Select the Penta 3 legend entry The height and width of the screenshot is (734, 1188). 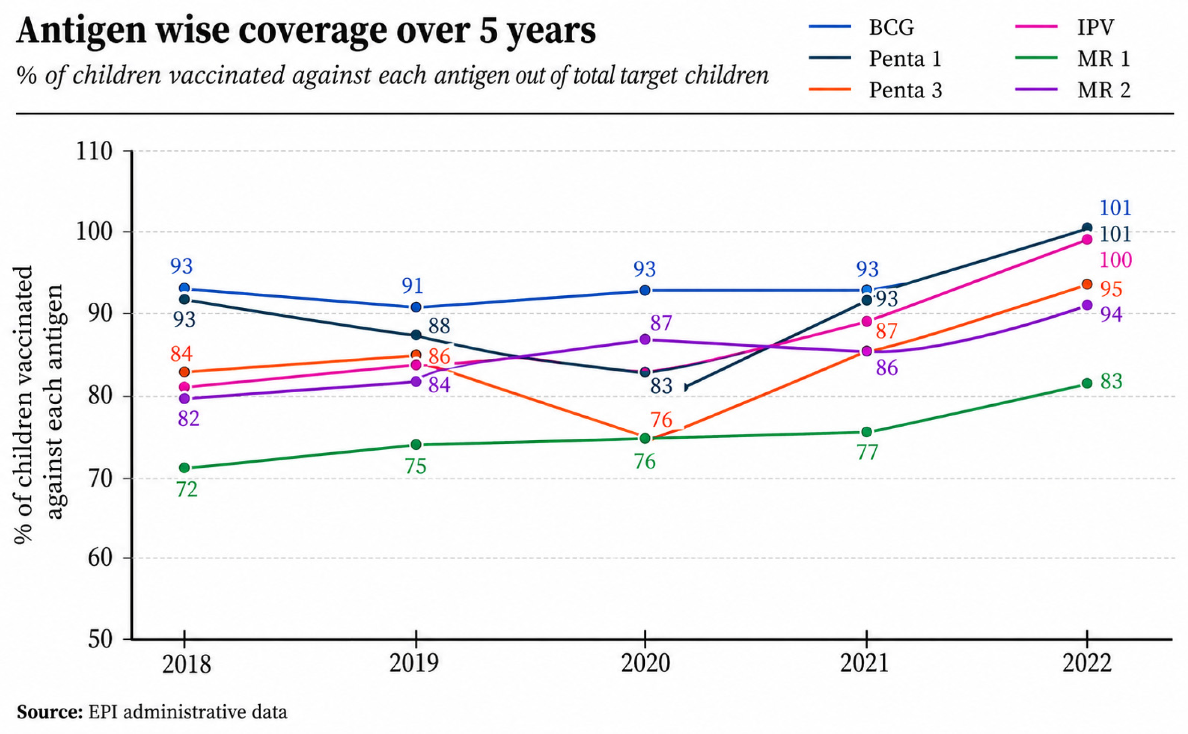point(875,90)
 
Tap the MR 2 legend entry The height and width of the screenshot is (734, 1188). point(1072,90)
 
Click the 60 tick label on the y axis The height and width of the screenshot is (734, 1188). point(101,558)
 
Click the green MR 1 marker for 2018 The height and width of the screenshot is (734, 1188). point(184,468)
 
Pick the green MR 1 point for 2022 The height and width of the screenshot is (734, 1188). point(1087,383)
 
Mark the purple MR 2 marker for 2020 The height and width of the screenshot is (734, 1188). point(645,339)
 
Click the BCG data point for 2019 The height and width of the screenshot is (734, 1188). point(416,307)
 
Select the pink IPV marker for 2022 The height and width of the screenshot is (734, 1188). point(1087,240)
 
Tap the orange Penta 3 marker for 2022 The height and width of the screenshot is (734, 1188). point(1087,284)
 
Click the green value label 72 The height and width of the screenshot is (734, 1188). point(187,490)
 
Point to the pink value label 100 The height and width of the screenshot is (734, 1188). point(1116,260)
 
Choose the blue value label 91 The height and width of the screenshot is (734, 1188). point(413,286)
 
